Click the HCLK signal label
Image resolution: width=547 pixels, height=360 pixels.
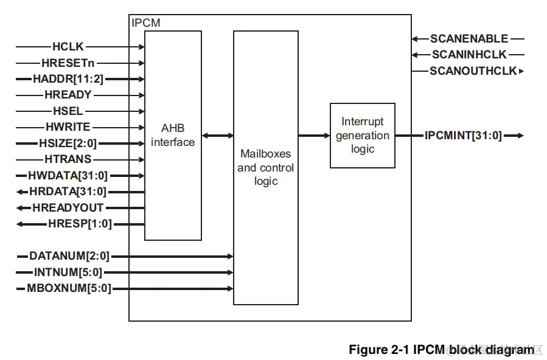click(x=68, y=46)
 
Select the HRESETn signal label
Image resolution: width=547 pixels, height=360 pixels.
click(x=68, y=63)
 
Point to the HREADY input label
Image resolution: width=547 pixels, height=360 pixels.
click(x=68, y=95)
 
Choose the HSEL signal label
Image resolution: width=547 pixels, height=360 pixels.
click(x=68, y=111)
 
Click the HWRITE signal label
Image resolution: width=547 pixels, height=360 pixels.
click(x=68, y=127)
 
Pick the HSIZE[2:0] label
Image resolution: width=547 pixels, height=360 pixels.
click(x=68, y=144)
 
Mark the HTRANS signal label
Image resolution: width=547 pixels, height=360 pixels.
click(x=68, y=159)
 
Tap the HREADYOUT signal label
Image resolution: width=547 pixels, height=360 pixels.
click(x=68, y=208)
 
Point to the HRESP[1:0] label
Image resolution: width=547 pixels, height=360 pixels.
click(x=80, y=224)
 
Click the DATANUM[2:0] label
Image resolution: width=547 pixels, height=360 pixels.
click(x=69, y=256)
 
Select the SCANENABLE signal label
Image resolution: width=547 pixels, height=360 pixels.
click(x=469, y=39)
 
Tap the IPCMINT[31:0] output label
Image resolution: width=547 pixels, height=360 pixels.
click(x=463, y=136)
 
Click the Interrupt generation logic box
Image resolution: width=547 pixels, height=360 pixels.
click(x=363, y=136)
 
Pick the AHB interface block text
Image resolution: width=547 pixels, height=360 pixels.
click(x=173, y=136)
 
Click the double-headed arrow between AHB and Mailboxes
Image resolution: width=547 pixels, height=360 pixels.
click(x=217, y=136)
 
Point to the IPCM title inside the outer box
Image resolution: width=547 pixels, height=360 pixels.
click(x=146, y=23)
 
